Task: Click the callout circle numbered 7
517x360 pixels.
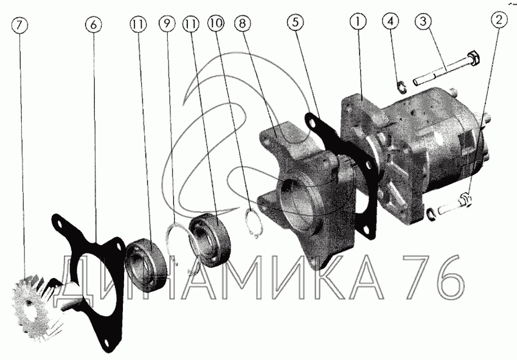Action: click(19, 26)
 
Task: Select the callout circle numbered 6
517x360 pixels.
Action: click(94, 25)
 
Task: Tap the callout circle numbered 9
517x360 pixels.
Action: click(167, 23)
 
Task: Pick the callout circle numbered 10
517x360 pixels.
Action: click(216, 22)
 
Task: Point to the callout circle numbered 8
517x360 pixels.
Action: click(243, 23)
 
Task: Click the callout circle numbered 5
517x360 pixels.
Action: click(295, 22)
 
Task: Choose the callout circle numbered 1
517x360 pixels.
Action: click(358, 21)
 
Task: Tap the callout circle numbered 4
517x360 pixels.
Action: click(390, 21)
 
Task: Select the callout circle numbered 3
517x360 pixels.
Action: click(423, 21)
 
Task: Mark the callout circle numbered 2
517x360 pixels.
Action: click(499, 20)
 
